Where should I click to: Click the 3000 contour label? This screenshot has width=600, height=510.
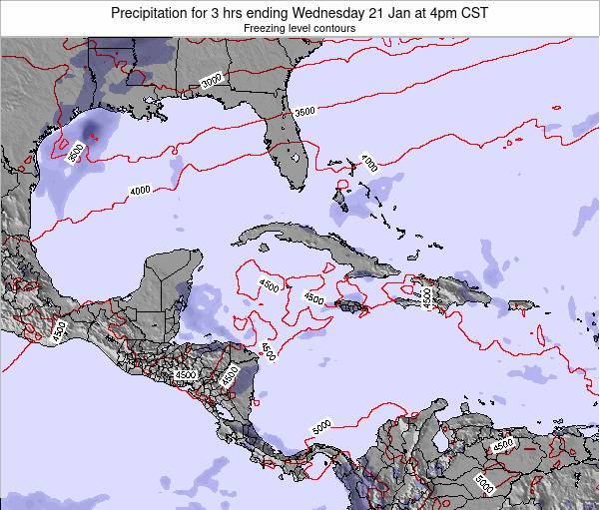pos(212,82)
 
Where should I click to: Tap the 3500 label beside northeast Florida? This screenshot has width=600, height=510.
pos(307,113)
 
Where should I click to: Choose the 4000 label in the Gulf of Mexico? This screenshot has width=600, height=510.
pos(139,190)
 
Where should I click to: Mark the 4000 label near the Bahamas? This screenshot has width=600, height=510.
pos(370,163)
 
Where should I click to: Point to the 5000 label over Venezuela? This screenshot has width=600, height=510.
pos(487,483)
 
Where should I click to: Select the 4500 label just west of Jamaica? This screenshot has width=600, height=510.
pos(312,297)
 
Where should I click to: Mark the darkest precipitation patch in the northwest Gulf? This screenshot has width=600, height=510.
pos(92,126)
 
